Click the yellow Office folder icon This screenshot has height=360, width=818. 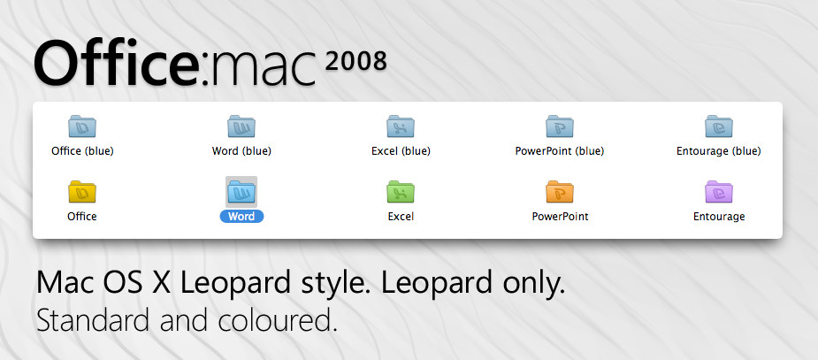pos(82,192)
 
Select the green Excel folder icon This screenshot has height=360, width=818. pos(400,192)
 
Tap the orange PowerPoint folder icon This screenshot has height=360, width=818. pos(560,192)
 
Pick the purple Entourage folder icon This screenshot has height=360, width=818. pos(719,192)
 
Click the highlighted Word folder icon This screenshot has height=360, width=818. pos(241,192)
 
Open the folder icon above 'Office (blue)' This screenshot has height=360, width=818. pos(82,126)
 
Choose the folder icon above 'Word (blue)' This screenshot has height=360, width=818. pos(241,126)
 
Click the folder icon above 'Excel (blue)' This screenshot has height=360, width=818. pos(400,126)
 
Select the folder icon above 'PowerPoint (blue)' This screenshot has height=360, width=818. pos(560,126)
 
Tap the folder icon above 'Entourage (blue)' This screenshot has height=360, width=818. pos(719,126)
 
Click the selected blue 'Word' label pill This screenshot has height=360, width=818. pos(241,216)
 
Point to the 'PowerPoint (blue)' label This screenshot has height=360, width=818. pos(560,151)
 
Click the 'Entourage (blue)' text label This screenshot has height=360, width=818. pos(719,151)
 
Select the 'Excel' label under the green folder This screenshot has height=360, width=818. pos(401,216)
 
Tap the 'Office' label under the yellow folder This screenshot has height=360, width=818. pos(82,216)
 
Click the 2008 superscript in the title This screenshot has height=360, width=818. pos(355,61)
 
